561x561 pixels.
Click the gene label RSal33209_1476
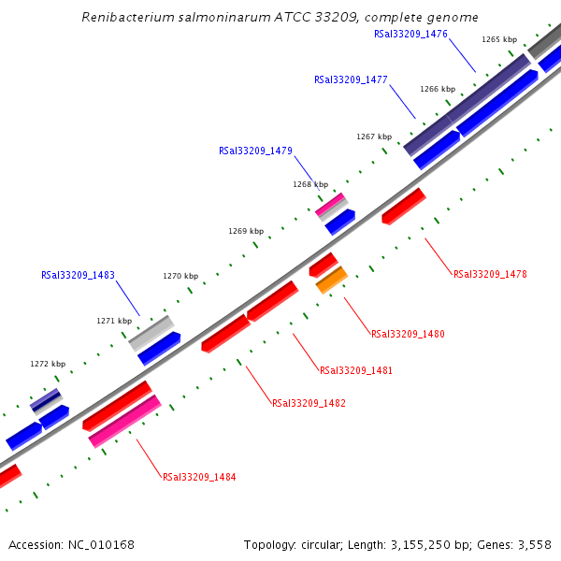pyautogui.click(x=410, y=34)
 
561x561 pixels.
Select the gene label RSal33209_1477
pyautogui.click(x=351, y=80)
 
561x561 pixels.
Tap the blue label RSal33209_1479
pyautogui.click(x=255, y=151)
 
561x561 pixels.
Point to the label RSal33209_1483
pyautogui.click(x=78, y=276)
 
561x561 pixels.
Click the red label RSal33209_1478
pyautogui.click(x=490, y=275)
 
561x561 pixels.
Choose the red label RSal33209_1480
pyautogui.click(x=408, y=334)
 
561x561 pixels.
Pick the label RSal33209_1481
pyautogui.click(x=356, y=370)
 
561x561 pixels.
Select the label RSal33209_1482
pyautogui.click(x=309, y=404)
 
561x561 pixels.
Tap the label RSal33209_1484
pyautogui.click(x=199, y=477)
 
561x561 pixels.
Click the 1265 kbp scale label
pyautogui.click(x=499, y=40)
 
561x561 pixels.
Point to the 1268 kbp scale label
pyautogui.click(x=310, y=185)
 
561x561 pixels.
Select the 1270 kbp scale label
pyautogui.click(x=180, y=277)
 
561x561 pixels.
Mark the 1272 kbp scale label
pyautogui.click(x=48, y=365)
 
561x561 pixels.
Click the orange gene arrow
pyautogui.click(x=331, y=280)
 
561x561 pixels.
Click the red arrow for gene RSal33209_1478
pyautogui.click(x=404, y=207)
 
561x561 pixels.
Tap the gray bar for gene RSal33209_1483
pyautogui.click(x=151, y=333)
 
